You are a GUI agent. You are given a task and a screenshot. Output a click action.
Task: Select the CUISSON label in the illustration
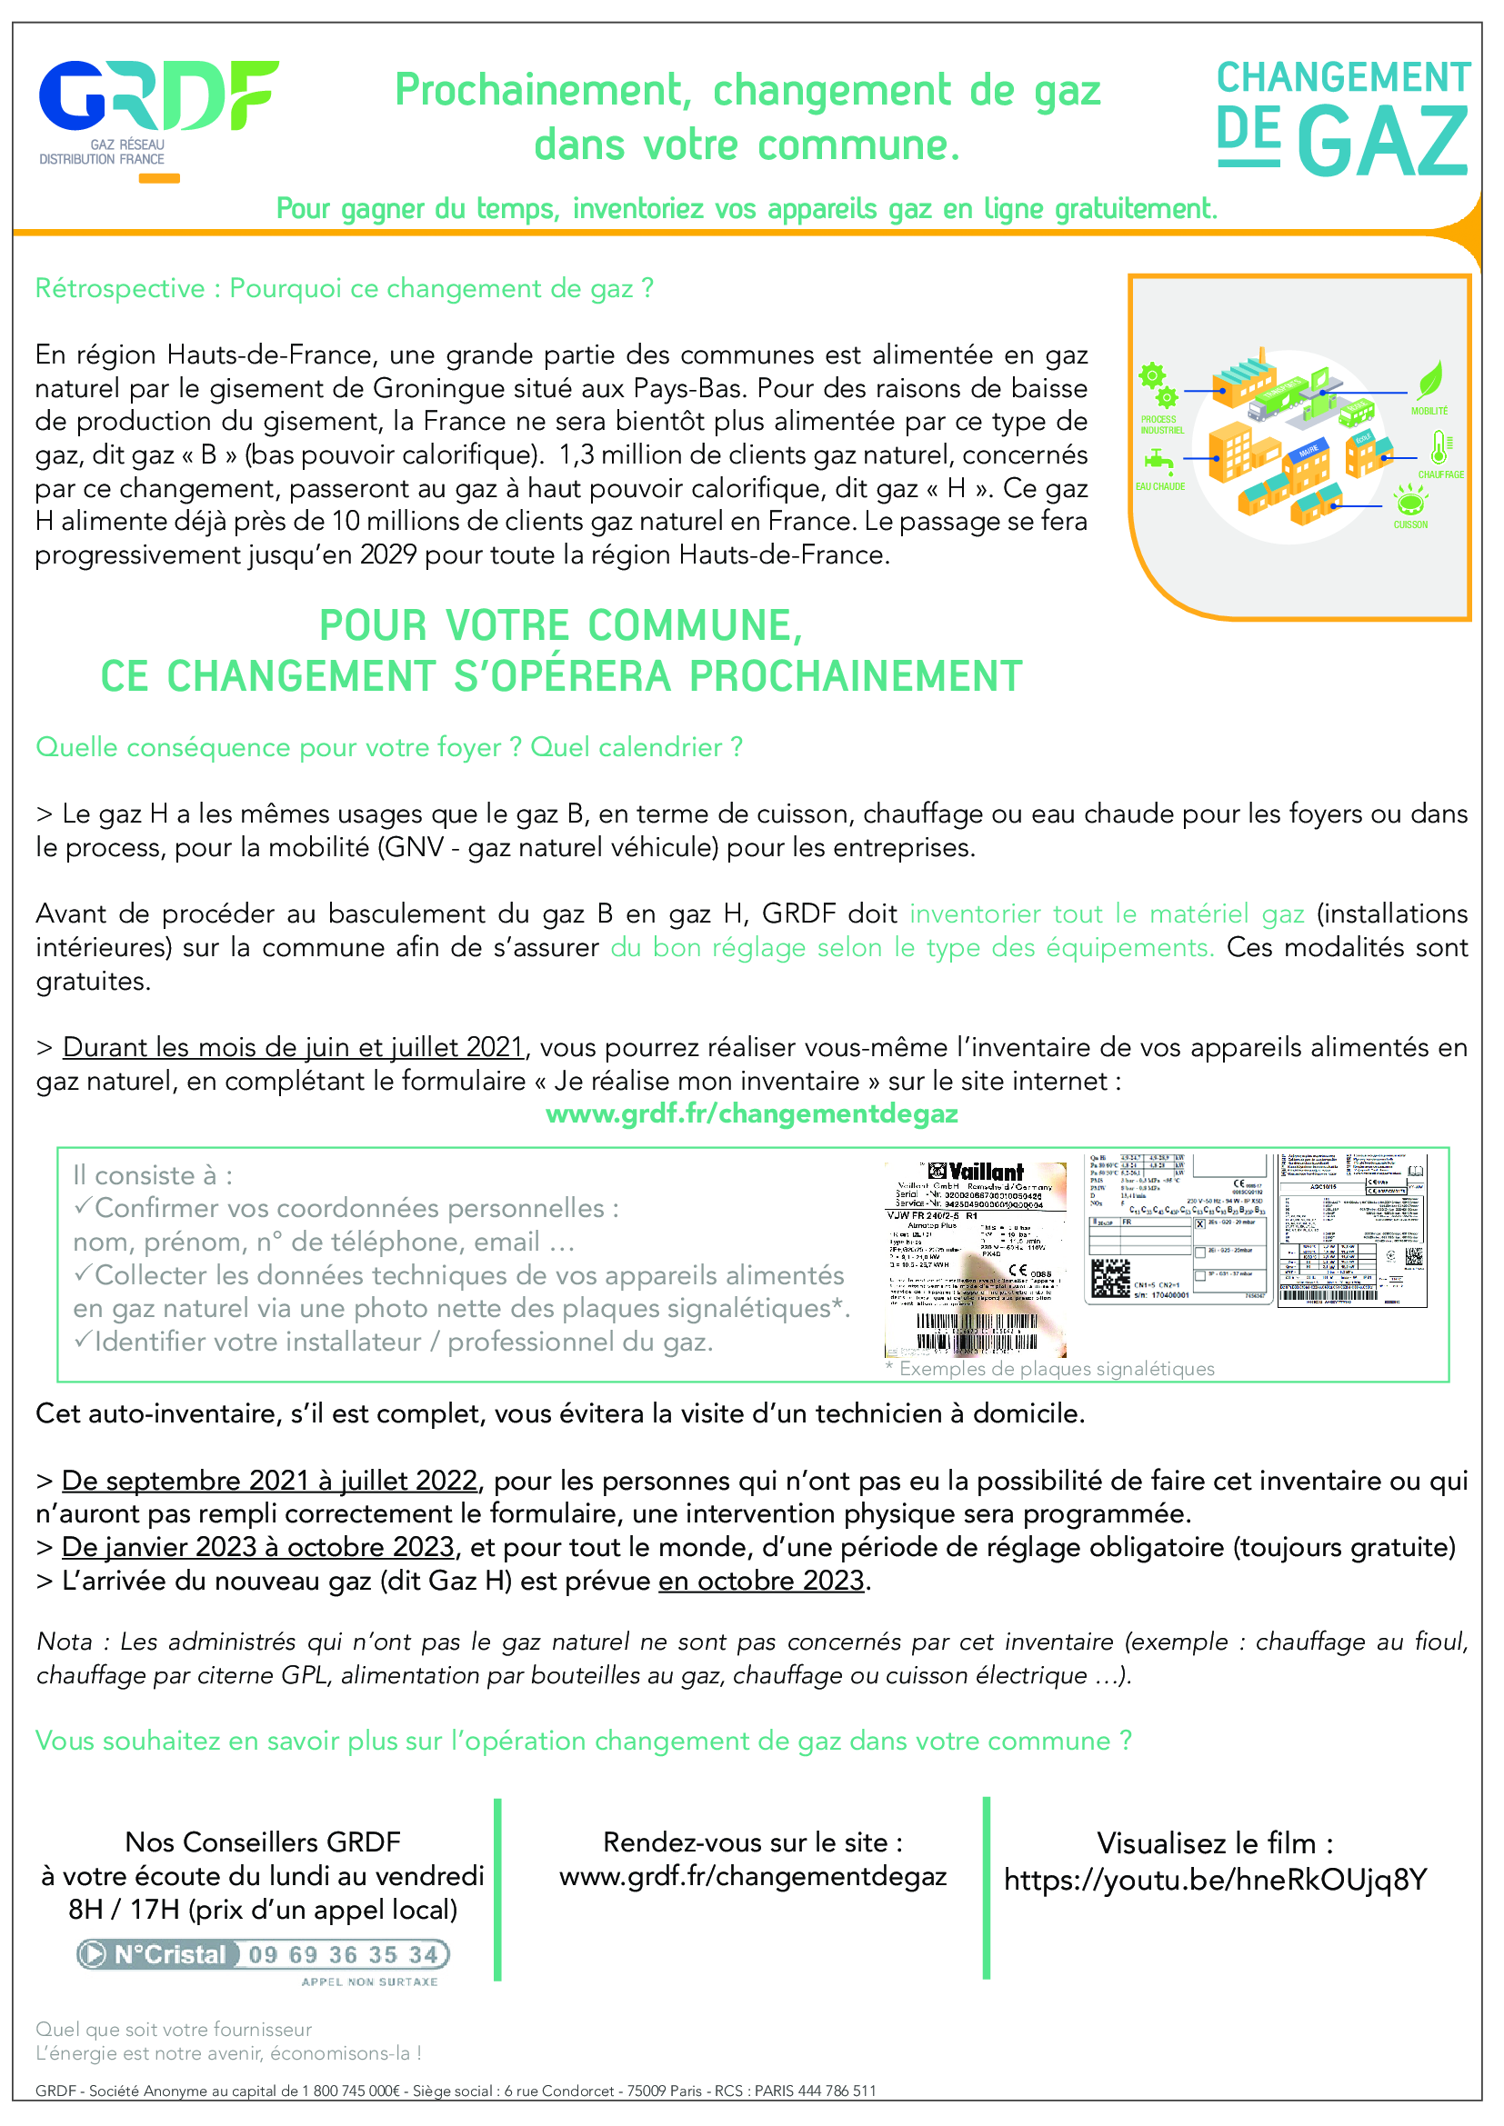coord(1410,524)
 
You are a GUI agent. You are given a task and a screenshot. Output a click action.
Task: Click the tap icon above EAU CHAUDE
coord(1158,459)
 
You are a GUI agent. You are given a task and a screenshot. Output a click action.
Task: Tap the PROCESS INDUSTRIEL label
coord(1161,425)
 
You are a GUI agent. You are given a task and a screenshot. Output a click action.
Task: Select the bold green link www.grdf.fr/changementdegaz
coord(751,1113)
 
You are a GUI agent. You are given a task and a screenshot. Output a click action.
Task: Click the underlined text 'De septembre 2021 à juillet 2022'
coord(269,1481)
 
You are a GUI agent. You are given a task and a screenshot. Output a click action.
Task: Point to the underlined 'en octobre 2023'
coord(761,1581)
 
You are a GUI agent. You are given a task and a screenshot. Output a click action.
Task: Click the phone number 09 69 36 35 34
coord(344,1955)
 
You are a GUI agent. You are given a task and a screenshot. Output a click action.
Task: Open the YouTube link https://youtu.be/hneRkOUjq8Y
coord(1215,1880)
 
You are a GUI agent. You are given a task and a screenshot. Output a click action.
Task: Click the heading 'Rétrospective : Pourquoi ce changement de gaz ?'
coord(345,289)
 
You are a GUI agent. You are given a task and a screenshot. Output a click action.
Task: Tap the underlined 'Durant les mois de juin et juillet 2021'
coord(294,1047)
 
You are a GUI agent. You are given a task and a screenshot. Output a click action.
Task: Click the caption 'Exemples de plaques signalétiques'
coord(1056,1369)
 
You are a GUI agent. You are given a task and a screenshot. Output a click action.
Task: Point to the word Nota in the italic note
coord(64,1642)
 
